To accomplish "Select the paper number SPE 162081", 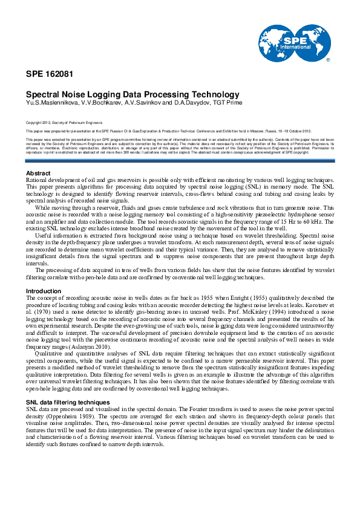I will [x=50, y=74].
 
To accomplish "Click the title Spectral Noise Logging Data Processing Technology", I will [x=133, y=94].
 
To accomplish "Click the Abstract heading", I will [x=39, y=173].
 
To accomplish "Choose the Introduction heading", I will [x=44, y=291].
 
